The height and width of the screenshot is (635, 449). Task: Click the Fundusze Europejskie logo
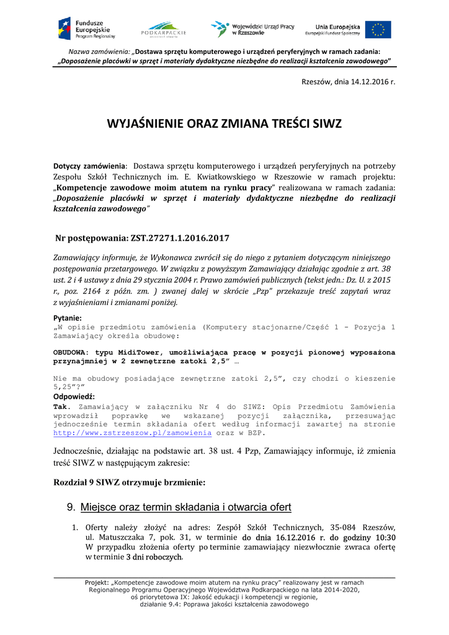coord(86,29)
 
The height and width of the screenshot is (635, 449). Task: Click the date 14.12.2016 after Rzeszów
coord(362,81)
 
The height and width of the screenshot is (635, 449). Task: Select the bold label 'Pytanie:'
coord(68,317)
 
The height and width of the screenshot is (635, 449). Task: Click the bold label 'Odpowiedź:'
coord(74,396)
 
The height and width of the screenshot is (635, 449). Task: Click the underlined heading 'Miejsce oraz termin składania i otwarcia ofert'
coord(185,507)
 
